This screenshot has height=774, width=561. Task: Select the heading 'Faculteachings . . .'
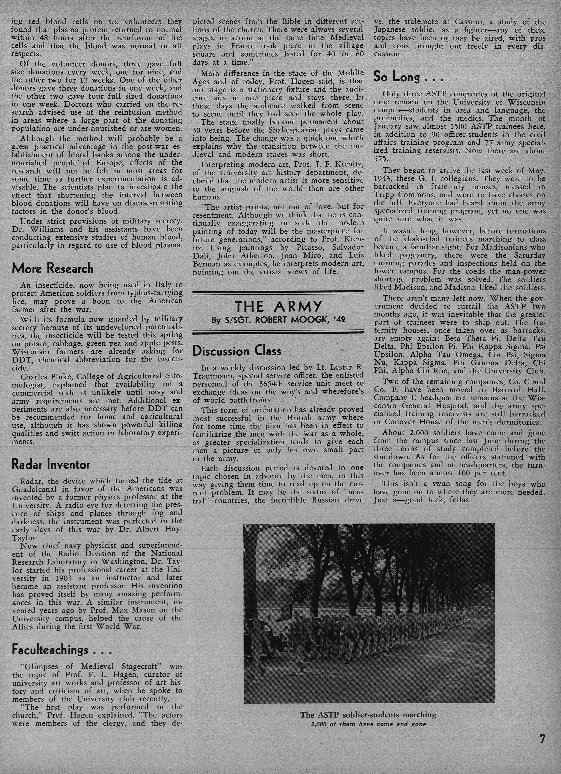pyautogui.click(x=61, y=650)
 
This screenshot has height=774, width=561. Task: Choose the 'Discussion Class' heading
pyautogui.click(x=237, y=351)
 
